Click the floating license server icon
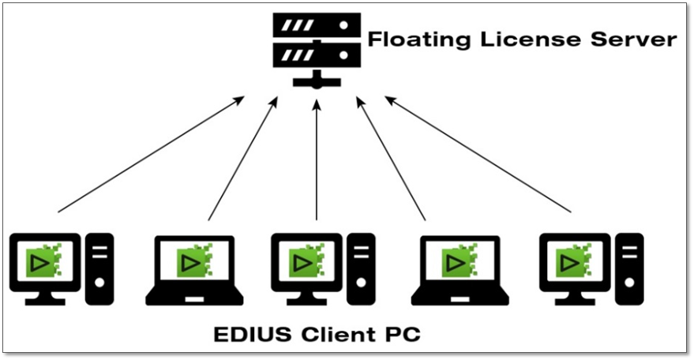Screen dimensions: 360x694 [316, 46]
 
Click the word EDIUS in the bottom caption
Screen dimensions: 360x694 [251, 333]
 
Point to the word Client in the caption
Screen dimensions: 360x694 [343, 333]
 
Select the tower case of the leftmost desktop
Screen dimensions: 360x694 [100, 268]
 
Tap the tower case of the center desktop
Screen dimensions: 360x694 [362, 268]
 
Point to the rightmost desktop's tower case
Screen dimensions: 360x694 [630, 268]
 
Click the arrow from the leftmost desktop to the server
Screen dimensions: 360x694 [150, 154]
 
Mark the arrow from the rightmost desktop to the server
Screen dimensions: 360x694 [478, 154]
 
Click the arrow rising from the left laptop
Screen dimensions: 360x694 [243, 158]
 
